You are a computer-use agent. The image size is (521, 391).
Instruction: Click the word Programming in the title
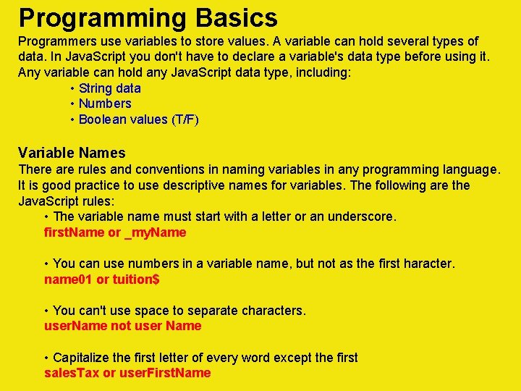pyautogui.click(x=99, y=17)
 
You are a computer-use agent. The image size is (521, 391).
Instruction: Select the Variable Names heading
pyautogui.click(x=72, y=153)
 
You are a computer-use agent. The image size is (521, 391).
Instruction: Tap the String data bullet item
pyautogui.click(x=110, y=88)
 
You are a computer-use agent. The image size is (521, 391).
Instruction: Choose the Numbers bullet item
pyautogui.click(x=105, y=104)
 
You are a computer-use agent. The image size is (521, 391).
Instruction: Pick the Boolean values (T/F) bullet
pyautogui.click(x=138, y=119)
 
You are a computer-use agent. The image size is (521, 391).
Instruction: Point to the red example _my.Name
pyautogui.click(x=156, y=232)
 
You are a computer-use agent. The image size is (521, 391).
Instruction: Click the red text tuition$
pyautogui.click(x=136, y=279)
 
